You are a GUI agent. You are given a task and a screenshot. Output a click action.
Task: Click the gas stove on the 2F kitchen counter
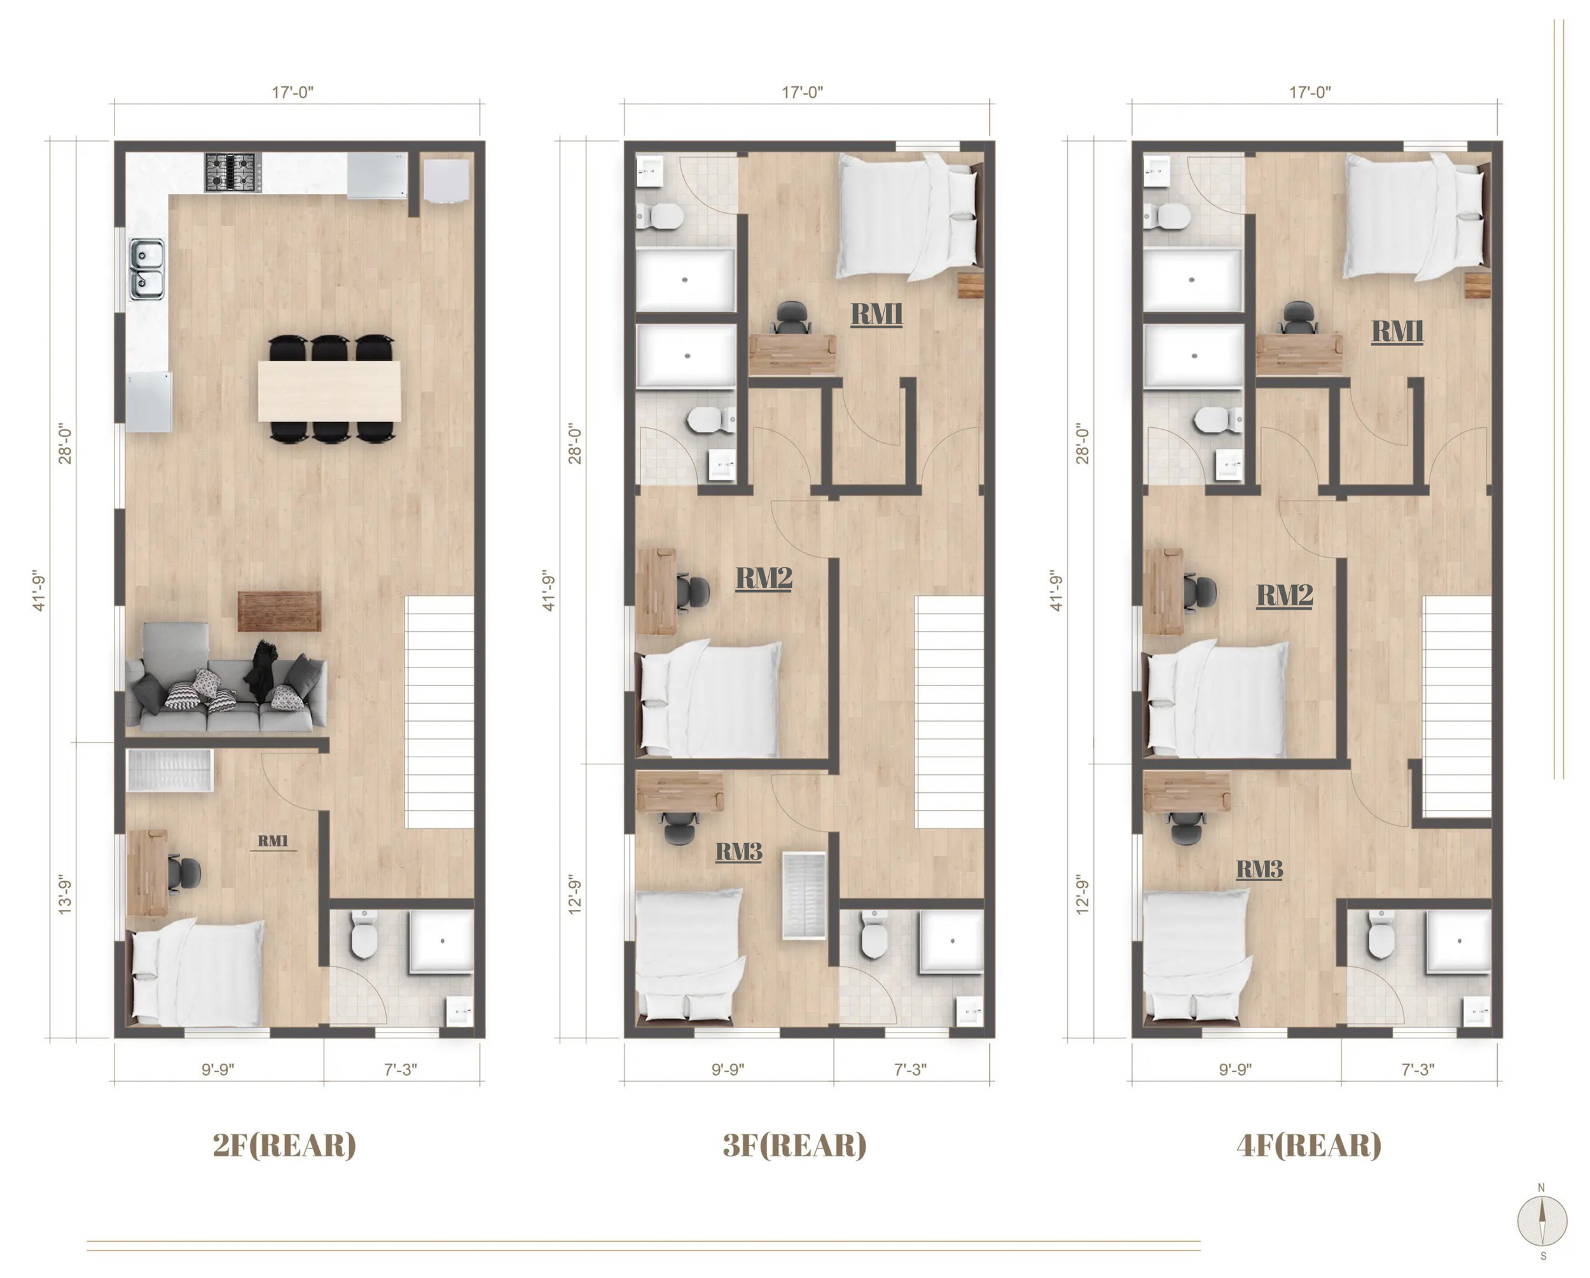tap(233, 172)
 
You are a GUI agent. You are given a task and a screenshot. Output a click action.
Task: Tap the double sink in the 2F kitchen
tap(147, 269)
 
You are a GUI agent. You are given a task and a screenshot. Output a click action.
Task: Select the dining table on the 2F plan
tap(329, 390)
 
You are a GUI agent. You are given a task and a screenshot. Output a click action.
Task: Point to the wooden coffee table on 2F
tap(279, 612)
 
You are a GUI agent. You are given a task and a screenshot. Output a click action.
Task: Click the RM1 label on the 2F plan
tap(273, 841)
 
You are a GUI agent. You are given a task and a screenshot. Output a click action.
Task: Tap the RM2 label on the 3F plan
tap(764, 578)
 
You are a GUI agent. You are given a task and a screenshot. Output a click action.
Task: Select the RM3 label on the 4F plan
tap(1260, 869)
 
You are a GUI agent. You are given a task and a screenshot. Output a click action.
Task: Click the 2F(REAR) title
tap(285, 1145)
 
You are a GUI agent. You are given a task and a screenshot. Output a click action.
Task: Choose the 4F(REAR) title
tap(1309, 1145)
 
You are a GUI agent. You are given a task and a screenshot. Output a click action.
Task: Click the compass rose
tap(1542, 1221)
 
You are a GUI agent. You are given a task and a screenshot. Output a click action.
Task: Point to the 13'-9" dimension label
tap(65, 895)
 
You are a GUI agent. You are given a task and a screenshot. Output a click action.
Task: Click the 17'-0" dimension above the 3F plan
tap(803, 92)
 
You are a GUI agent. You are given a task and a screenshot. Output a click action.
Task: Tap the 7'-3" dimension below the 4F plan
tap(1418, 1069)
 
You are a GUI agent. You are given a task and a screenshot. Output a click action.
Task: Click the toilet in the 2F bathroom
tap(364, 935)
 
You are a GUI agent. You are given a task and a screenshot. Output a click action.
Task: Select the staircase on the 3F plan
tap(949, 711)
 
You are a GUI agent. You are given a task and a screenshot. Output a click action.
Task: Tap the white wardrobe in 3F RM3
tap(805, 895)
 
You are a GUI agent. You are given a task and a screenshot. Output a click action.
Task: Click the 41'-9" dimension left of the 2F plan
tap(39, 590)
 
